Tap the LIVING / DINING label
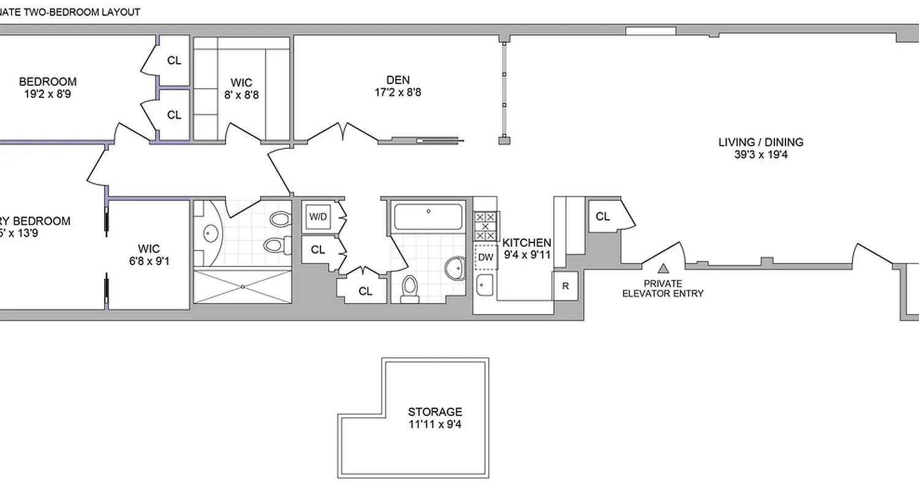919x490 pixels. point(760,142)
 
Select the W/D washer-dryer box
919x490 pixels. point(317,216)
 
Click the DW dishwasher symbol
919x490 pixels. point(485,257)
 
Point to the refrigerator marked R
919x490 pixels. point(565,286)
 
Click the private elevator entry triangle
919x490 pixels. point(663,268)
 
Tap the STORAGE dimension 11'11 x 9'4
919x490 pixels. point(436,423)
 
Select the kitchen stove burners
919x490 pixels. point(486,226)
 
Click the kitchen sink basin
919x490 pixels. point(485,284)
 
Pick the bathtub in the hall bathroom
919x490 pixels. point(428,216)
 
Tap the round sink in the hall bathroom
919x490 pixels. point(455,267)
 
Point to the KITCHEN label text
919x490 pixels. point(526,243)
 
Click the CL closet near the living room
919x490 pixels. point(603,216)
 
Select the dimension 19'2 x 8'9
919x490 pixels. point(48,94)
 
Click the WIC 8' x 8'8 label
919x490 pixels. point(241,89)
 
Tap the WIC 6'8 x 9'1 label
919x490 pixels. point(149,255)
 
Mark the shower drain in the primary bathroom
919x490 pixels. point(243,286)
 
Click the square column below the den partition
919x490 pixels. point(504,141)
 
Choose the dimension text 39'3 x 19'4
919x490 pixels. point(760,155)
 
